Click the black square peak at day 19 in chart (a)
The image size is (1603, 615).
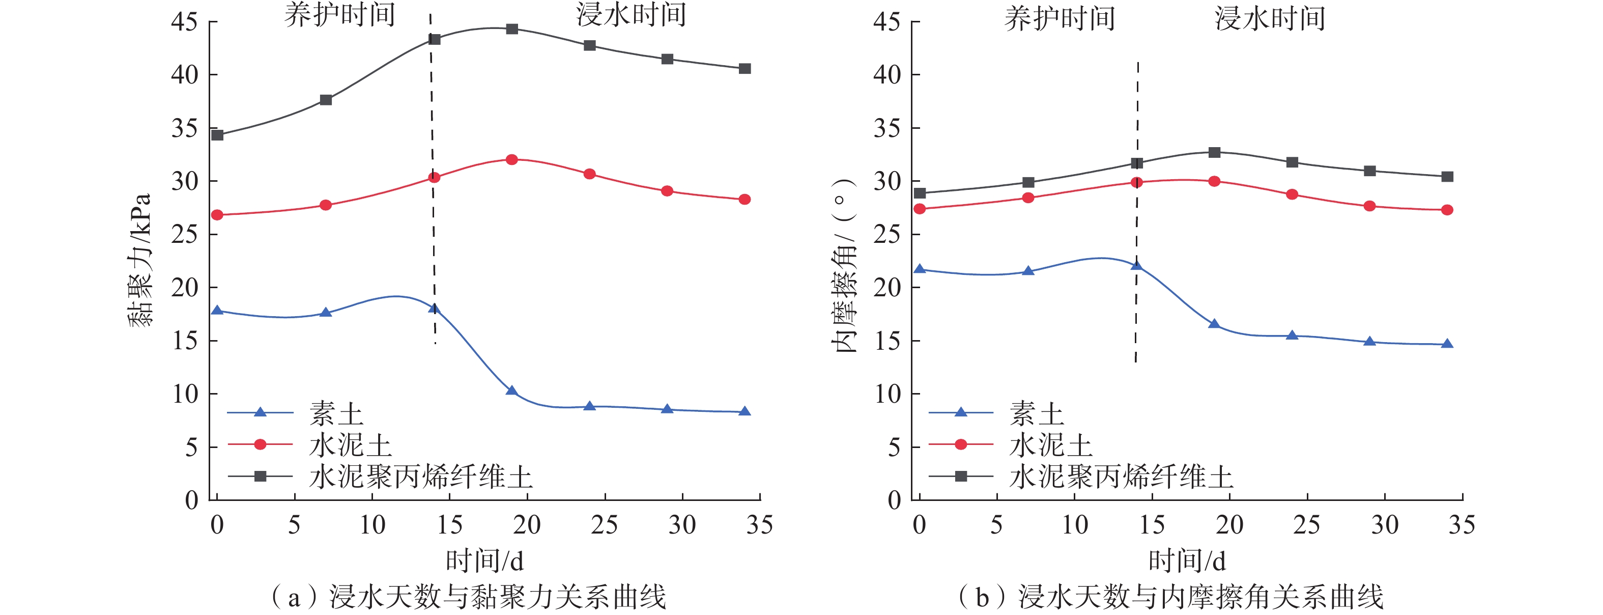pos(511,29)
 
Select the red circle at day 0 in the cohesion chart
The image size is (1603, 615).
pos(217,215)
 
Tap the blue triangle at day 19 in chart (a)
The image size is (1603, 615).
pos(511,391)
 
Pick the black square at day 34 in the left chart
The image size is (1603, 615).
pos(744,68)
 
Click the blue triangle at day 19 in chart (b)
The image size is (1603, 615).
pos(1214,324)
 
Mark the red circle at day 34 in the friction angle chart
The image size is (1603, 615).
pos(1447,210)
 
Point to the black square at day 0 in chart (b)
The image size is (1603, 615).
pos(919,193)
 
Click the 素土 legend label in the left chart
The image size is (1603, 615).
pos(336,413)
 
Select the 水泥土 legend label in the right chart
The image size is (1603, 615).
pos(1050,445)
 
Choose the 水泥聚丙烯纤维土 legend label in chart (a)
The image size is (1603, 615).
pos(421,478)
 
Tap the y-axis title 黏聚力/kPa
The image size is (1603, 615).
pos(140,260)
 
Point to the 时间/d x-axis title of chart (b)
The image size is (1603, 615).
pos(1187,561)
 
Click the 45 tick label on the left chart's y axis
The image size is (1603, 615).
pos(184,22)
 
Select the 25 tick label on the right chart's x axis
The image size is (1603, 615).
pos(1306,525)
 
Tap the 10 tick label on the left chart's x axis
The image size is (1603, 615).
pos(372,525)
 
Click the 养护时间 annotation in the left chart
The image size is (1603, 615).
pos(340,15)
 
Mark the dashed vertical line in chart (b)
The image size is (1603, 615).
pos(1137,212)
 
